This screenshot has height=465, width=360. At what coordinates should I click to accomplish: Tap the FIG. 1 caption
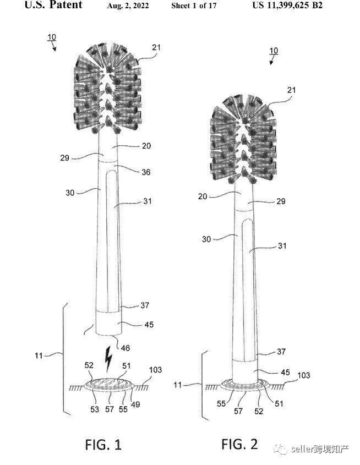coord(103,445)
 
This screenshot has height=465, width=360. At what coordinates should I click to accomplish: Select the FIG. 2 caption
coord(239,444)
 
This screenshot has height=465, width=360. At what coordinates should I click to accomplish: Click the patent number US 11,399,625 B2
coord(287,5)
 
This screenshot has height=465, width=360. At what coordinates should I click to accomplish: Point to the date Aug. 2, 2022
coord(128,6)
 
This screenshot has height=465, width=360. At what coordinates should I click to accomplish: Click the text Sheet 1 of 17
coord(194,6)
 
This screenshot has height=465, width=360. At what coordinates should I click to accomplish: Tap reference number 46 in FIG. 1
coord(125,348)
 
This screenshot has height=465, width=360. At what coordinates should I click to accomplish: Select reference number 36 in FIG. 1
coord(146,172)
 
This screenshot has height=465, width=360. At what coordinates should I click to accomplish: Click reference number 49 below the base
coord(135,404)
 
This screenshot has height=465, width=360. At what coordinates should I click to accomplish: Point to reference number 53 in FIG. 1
coord(95,409)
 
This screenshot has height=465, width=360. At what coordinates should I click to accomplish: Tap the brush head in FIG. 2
coord(243,139)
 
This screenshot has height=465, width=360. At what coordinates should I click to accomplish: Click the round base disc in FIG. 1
coord(110,384)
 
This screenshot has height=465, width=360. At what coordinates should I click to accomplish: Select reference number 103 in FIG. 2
coord(304,375)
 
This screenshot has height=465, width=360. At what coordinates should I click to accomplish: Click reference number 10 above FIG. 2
coord(274,51)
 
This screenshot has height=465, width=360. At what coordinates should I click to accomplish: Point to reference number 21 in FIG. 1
coord(156,47)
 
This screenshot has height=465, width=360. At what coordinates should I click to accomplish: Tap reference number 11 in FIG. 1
coord(39,355)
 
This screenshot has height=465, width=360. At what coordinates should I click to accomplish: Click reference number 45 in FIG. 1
coord(149,325)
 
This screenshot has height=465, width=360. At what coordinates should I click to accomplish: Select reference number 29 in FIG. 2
coord(281,201)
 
